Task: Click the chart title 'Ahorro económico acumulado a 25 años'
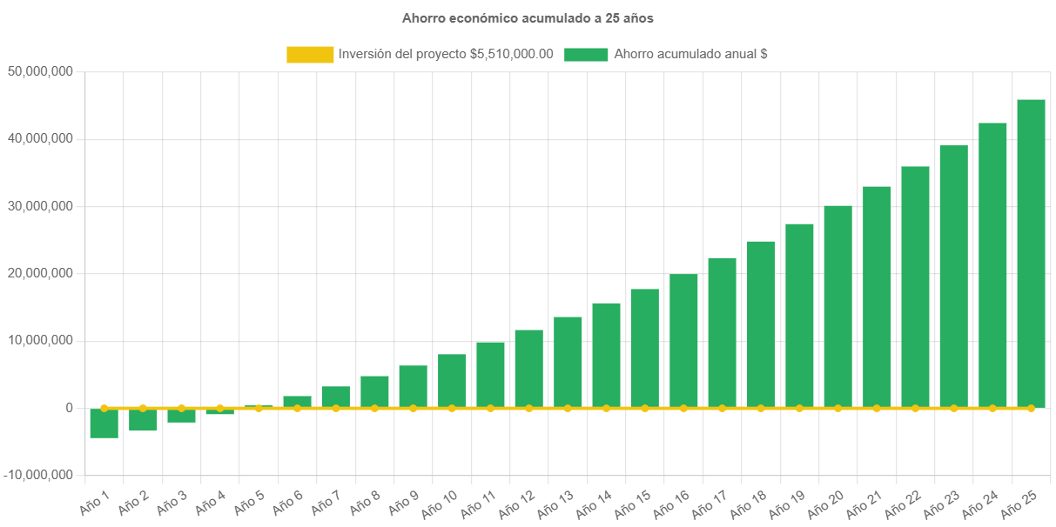(528, 17)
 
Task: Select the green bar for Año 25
(1031, 252)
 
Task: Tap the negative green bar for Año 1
(104, 424)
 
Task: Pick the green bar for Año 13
(568, 362)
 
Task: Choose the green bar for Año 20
(837, 306)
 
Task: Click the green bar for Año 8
(374, 391)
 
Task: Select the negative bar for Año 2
(143, 420)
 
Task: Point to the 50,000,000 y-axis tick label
(38, 70)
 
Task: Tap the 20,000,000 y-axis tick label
(38, 273)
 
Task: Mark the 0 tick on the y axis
(68, 408)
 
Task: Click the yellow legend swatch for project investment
(310, 55)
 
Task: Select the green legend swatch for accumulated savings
(586, 55)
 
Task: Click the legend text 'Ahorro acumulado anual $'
(690, 54)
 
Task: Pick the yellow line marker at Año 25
(1031, 408)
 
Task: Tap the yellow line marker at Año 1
(104, 408)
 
